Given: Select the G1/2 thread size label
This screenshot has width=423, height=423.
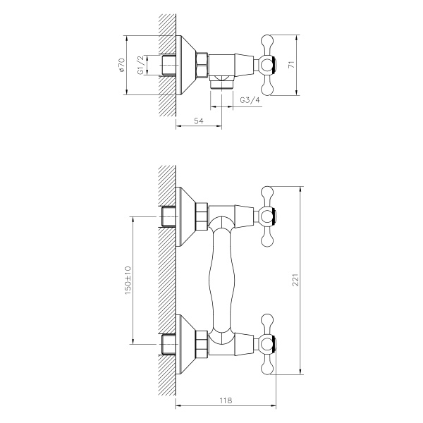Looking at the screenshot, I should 141,66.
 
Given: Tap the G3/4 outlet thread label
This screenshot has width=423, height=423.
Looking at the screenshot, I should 250,101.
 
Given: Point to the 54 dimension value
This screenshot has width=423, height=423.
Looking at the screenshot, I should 200,122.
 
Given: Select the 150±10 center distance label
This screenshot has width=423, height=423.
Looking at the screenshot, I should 128,281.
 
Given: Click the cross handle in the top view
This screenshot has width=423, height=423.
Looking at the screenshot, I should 269,65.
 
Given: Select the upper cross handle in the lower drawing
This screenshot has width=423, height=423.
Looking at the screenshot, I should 269,216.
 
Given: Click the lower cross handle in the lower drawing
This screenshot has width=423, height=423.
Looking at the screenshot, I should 269,343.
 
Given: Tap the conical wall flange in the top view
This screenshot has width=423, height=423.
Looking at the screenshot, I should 185,65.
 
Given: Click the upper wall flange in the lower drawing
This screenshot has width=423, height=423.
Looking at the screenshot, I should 185,216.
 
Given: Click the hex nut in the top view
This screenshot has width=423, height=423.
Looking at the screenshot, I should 202,65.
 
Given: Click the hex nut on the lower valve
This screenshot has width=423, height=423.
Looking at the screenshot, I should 202,343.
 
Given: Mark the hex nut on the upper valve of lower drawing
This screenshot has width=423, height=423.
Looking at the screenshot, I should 202,216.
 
